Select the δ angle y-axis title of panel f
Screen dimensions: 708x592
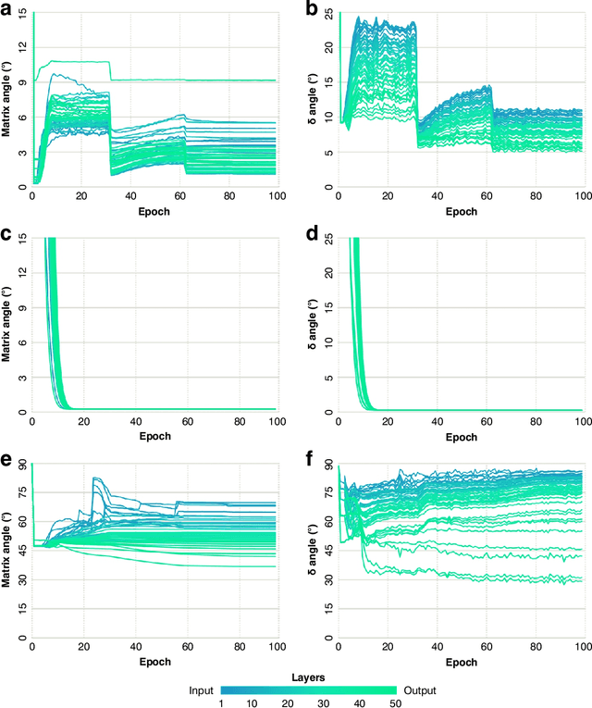[x=315, y=553]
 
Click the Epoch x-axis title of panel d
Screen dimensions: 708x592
[x=461, y=435]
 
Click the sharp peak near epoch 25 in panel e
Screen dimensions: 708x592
[x=94, y=478]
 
